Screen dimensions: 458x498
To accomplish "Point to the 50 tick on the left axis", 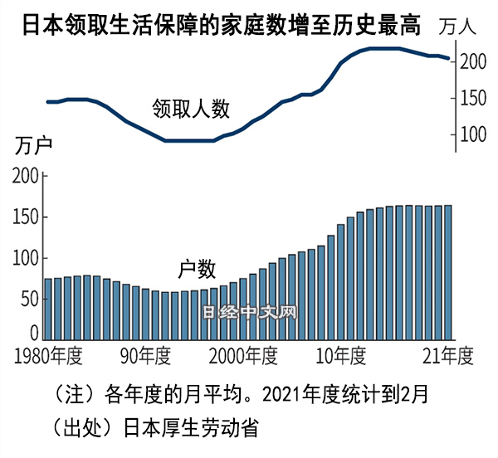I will click(x=29, y=299).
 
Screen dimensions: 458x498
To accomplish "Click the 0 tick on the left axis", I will click(x=34, y=334).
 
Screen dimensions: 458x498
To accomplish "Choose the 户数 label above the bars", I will click(x=197, y=269).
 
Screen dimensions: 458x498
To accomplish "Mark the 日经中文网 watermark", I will click(x=250, y=314).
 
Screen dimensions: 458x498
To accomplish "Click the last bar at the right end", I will click(x=448, y=273).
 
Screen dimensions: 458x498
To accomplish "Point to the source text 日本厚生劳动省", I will click(x=193, y=427).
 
